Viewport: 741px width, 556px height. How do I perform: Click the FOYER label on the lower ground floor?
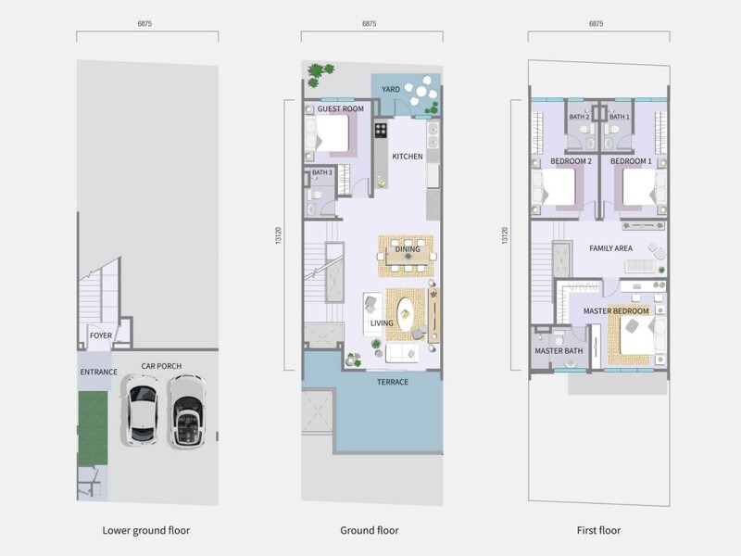(x=101, y=335)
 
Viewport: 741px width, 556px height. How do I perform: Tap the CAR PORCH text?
(x=161, y=366)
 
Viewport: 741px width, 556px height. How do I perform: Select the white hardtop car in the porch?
(x=142, y=410)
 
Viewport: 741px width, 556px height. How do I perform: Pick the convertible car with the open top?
(x=187, y=411)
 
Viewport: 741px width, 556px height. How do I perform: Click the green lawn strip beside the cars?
(x=93, y=428)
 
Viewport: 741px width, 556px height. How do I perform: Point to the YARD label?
(x=391, y=89)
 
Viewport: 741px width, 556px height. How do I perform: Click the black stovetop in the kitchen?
(x=381, y=130)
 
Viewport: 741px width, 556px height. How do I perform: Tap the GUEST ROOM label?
(x=341, y=108)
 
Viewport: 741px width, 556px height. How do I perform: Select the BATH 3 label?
(x=321, y=172)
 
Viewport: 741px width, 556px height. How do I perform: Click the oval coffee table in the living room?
(x=406, y=314)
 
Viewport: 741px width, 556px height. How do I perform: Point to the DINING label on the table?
(x=408, y=249)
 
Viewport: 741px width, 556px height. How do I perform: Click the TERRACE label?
(x=393, y=382)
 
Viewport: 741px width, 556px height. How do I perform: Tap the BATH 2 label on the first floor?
(x=579, y=117)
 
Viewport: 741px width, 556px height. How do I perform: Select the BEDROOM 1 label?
(x=631, y=161)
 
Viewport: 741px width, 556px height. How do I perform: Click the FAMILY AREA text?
(x=610, y=248)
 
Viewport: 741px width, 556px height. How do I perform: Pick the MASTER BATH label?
(x=559, y=351)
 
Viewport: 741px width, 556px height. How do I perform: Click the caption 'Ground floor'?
(x=370, y=530)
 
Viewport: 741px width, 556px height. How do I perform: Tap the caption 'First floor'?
(x=598, y=530)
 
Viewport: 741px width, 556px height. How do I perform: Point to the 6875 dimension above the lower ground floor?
(x=144, y=24)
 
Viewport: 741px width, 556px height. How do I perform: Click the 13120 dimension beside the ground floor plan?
(x=279, y=235)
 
